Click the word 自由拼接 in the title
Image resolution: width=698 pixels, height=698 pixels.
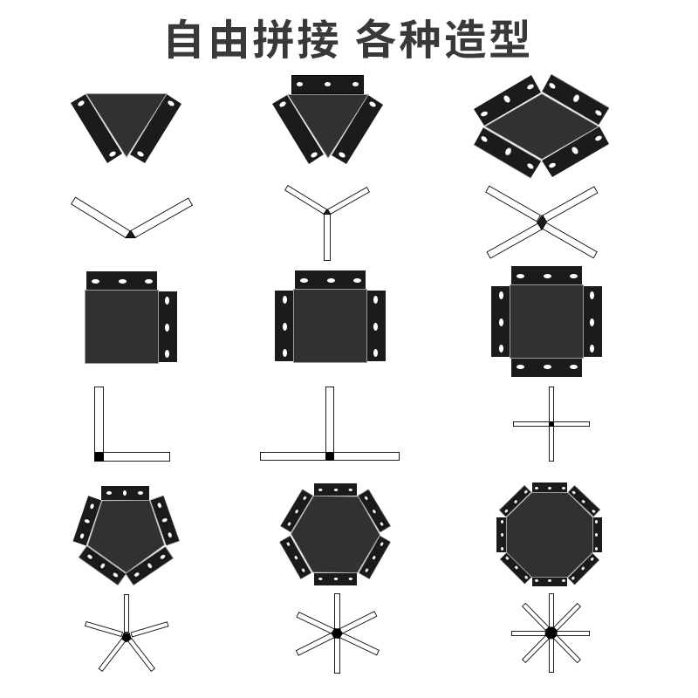pyautogui.click(x=251, y=39)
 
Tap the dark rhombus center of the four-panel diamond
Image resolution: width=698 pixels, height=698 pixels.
pyautogui.click(x=541, y=127)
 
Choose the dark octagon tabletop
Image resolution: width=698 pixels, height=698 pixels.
pyautogui.click(x=550, y=534)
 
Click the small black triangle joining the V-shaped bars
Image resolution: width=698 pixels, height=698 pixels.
pyautogui.click(x=130, y=234)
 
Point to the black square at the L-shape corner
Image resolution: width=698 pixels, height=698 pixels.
pyautogui.click(x=99, y=456)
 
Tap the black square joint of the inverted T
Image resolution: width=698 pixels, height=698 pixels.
pyautogui.click(x=330, y=456)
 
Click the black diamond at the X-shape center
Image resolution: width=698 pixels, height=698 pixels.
pyautogui.click(x=542, y=222)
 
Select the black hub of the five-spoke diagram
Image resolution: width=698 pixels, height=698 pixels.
pyautogui.click(x=127, y=637)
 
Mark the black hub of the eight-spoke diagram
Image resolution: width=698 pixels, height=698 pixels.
pyautogui.click(x=551, y=633)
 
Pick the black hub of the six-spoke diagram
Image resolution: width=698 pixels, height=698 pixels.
pyautogui.click(x=337, y=633)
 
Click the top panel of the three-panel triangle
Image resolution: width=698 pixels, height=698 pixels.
pyautogui.click(x=327, y=85)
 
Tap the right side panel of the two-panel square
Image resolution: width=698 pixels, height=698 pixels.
pyautogui.click(x=168, y=326)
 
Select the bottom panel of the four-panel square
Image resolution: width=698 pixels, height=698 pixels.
pyautogui.click(x=546, y=366)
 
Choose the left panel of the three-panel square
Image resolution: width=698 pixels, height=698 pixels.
pyautogui.click(x=284, y=326)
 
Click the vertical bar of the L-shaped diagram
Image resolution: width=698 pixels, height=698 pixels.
pyautogui.click(x=99, y=419)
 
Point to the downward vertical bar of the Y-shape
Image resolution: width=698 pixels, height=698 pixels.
pyautogui.click(x=327, y=237)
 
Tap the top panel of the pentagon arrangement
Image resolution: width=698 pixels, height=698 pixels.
pyautogui.click(x=125, y=493)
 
